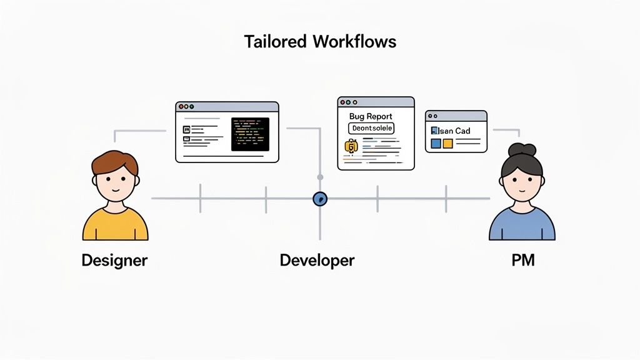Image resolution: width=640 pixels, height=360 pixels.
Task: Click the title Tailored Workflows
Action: click(320, 42)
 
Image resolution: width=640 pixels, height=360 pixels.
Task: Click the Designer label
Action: click(114, 260)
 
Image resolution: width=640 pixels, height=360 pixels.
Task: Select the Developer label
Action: click(317, 260)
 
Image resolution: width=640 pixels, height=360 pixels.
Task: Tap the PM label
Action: click(522, 260)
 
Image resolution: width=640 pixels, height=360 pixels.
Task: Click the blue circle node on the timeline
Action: click(320, 199)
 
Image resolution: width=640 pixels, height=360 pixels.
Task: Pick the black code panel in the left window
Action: click(250, 134)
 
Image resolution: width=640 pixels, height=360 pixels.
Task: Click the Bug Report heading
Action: click(371, 116)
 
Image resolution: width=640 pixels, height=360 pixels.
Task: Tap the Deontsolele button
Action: click(371, 128)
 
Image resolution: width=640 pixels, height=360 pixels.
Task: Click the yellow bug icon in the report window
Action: click(350, 147)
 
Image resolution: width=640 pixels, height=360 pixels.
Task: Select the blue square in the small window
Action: click(436, 144)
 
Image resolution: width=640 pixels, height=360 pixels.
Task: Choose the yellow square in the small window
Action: click(447, 144)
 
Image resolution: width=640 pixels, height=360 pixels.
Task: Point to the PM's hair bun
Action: click(522, 149)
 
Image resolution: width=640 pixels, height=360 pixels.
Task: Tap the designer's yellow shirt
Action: click(116, 226)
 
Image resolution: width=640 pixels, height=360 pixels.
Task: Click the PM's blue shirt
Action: click(522, 226)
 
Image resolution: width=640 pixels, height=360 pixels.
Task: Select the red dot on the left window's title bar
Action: click(181, 107)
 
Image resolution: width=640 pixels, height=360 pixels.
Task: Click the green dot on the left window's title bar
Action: click(192, 107)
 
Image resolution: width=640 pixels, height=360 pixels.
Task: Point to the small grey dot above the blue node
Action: click(320, 177)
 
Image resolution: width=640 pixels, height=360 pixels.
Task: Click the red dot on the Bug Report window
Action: click(342, 102)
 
